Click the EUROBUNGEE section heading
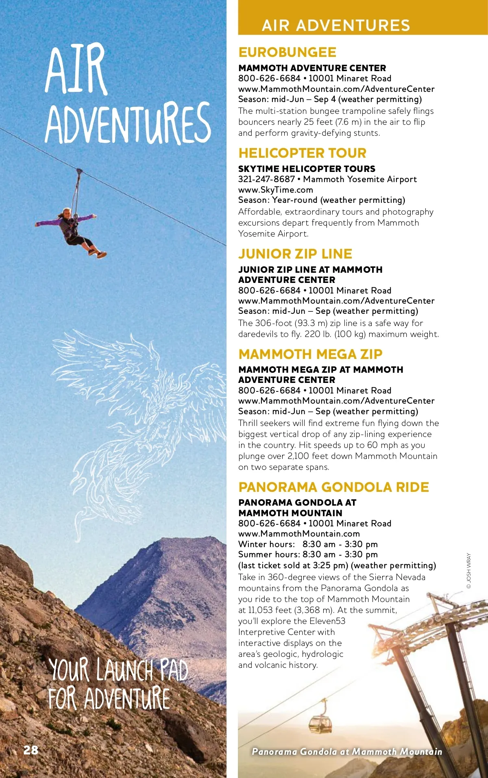pos(287,52)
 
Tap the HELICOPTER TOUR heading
pos(302,153)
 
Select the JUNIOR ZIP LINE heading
pos(295,254)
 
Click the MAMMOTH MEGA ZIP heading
pos(310,354)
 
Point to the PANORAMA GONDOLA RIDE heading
pos(333,487)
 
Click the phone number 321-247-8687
pos(266,179)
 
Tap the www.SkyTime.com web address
pos(275,190)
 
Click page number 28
pos(31,750)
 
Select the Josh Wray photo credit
pos(468,571)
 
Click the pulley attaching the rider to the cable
pos(79,172)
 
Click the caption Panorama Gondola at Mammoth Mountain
pos(346,752)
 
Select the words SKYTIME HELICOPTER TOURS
pos(307,169)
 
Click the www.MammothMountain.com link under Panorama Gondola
pos(299,534)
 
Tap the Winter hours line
pos(308,544)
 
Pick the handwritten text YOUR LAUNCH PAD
pos(118,670)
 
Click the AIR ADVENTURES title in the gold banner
pos(335,25)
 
